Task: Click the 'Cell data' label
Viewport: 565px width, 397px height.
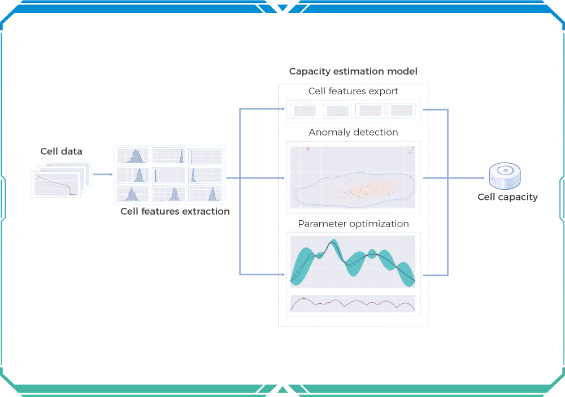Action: [x=61, y=151]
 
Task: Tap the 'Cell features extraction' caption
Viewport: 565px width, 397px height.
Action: [x=175, y=212]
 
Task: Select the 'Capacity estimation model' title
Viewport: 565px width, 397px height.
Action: [x=353, y=72]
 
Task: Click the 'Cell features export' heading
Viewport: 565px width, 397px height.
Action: [x=353, y=91]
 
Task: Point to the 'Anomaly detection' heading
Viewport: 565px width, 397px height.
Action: [x=353, y=132]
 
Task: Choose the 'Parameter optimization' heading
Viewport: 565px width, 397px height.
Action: [x=353, y=224]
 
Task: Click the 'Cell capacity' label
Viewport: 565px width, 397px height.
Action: [x=507, y=197]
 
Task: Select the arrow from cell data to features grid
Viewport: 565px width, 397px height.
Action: [x=102, y=174]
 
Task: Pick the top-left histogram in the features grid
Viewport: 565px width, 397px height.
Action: [x=133, y=156]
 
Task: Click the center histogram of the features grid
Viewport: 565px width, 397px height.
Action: [x=169, y=174]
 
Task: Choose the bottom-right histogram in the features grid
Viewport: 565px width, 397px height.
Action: [x=206, y=193]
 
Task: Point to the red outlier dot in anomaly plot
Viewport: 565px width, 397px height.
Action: [x=308, y=149]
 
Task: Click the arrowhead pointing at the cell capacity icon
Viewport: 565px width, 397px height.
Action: [x=483, y=178]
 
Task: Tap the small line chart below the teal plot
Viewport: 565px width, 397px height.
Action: [x=353, y=303]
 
